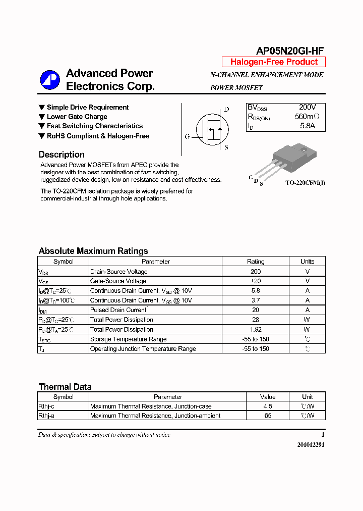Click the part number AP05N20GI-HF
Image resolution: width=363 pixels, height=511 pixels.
pos(290,50)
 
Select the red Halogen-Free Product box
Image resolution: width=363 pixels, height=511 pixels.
pos(274,62)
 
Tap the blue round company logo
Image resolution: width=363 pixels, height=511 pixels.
pos(50,80)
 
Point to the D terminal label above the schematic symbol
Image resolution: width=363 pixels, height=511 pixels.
pos(226,110)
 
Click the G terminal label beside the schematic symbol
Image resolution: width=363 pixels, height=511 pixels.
pos(187,136)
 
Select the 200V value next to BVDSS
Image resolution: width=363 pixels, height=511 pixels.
pos(307,108)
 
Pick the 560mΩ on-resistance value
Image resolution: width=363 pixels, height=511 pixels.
pos(307,117)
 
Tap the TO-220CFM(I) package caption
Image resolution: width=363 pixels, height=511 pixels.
pos(305,183)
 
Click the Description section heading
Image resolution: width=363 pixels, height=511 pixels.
pos(62,155)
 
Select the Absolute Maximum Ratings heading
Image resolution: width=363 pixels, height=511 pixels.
pos(93,251)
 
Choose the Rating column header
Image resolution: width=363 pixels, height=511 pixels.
pos(255,262)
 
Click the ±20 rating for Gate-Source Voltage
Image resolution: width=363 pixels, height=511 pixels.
pos(255,281)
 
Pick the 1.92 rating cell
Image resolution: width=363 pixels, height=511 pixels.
pos(255,329)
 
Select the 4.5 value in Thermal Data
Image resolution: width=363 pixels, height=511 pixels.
pos(268,406)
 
